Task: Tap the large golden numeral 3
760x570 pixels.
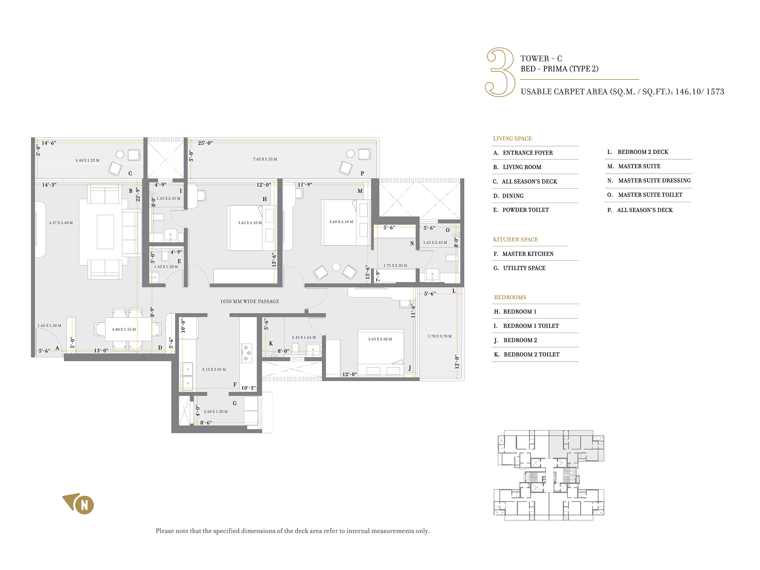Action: pyautogui.click(x=500, y=72)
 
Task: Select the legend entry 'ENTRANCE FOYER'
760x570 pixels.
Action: pyautogui.click(x=527, y=153)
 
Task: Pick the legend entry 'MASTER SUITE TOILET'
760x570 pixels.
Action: pyautogui.click(x=650, y=195)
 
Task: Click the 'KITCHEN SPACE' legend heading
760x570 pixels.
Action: pyautogui.click(x=515, y=240)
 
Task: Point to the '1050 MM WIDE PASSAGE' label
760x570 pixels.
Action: pyautogui.click(x=250, y=302)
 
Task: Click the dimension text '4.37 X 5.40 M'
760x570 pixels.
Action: pyautogui.click(x=61, y=223)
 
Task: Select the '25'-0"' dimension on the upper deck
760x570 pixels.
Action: pyautogui.click(x=205, y=143)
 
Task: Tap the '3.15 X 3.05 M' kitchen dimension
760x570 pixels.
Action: pyautogui.click(x=214, y=369)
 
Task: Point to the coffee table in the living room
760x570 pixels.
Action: pyautogui.click(x=106, y=232)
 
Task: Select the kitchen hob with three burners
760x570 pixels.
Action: pyautogui.click(x=247, y=353)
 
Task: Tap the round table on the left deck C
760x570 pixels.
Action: pyautogui.click(x=120, y=154)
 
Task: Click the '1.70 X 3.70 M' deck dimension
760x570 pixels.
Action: pyautogui.click(x=440, y=336)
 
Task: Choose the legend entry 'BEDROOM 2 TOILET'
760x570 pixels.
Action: pyautogui.click(x=531, y=355)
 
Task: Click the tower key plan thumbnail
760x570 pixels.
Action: pyautogui.click(x=549, y=475)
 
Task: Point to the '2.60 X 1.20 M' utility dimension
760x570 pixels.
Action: pyautogui.click(x=216, y=411)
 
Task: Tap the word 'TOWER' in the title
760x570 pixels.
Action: pyautogui.click(x=535, y=59)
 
